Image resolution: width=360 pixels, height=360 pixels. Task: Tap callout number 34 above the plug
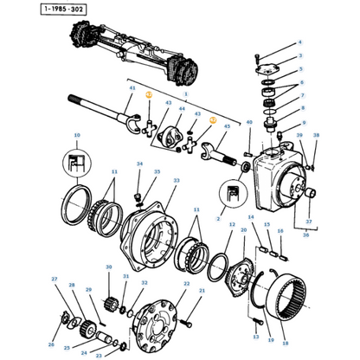tap(138, 164)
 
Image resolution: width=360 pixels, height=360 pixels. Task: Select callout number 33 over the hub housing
tap(177, 180)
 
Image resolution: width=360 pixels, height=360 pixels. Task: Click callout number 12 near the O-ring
tap(231, 223)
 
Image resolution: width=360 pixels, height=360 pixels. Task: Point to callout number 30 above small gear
tap(109, 268)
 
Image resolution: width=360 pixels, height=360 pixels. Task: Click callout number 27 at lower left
tap(54, 280)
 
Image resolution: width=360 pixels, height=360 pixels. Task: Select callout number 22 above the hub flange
tap(186, 284)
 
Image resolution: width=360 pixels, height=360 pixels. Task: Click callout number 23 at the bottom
tap(98, 355)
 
